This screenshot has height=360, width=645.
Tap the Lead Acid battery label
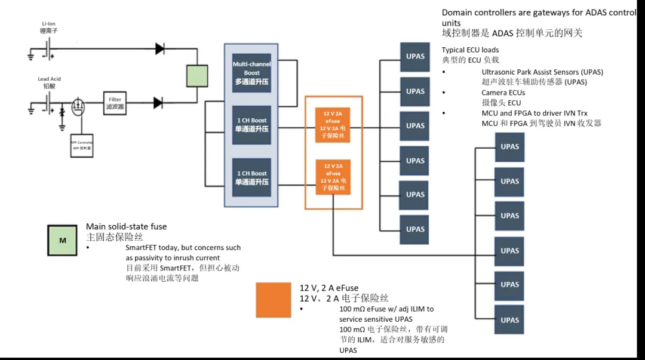coord(49,82)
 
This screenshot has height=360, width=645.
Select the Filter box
coord(115,103)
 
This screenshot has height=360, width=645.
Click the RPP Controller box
coord(82,145)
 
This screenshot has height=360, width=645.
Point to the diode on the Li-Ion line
coord(159,48)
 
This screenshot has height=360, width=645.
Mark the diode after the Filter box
coord(158,103)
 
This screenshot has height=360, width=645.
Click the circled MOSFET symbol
coord(77,107)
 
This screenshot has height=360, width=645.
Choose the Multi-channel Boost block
coord(251,73)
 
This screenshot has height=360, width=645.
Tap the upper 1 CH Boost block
coord(251,125)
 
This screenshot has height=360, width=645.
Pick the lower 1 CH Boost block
coord(251,177)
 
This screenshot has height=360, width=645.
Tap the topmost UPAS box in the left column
coord(415,57)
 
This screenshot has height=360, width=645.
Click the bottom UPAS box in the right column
coord(509,320)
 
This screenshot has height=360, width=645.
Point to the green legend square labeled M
coord(63,241)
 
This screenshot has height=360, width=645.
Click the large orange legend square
coord(274,300)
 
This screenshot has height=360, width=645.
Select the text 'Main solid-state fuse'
coord(127,226)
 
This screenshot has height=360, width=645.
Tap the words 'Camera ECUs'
coord(503,93)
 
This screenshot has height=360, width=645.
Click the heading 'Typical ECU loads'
coord(470,50)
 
